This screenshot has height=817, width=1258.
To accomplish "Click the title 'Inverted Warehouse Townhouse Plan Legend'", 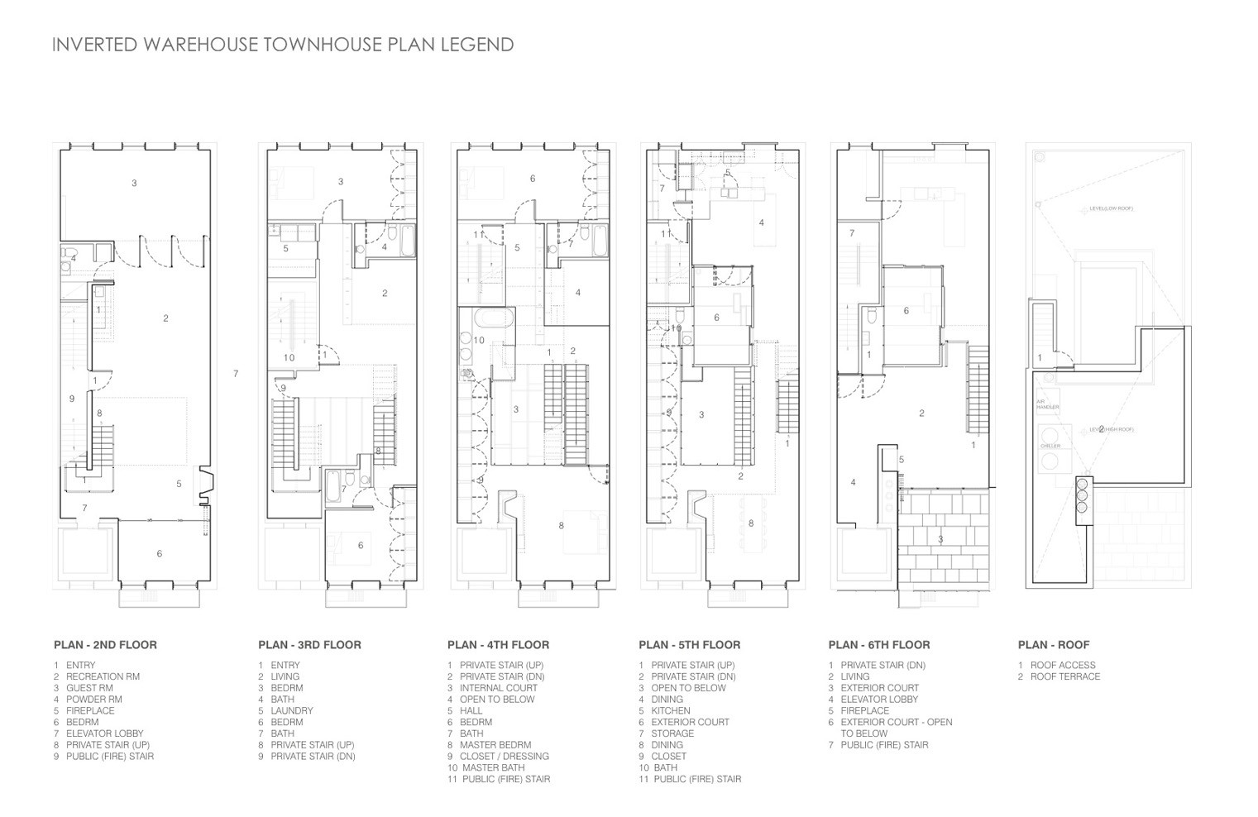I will (283, 45).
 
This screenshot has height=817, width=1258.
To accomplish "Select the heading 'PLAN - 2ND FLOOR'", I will (105, 645).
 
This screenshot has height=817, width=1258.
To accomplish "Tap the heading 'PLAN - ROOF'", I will (1054, 645).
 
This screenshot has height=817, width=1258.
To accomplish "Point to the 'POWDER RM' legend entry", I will (93, 700).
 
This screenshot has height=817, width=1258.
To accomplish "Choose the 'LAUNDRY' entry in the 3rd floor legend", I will (292, 710).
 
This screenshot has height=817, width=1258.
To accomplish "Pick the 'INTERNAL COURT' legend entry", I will (499, 688).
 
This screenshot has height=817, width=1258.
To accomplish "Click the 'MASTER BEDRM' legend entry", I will (495, 745).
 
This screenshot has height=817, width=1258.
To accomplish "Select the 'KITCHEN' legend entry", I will (670, 710).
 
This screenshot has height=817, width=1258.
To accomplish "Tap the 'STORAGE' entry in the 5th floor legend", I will (672, 733).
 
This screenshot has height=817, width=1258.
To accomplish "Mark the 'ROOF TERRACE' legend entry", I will (1065, 676).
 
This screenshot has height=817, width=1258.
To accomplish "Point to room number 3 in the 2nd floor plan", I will (134, 183).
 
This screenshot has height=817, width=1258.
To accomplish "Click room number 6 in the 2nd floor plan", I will (160, 553).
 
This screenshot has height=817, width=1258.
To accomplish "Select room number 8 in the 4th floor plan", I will (561, 525).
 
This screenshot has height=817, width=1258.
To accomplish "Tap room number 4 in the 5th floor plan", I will (761, 222).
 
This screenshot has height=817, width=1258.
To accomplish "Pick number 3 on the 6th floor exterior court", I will (940, 539).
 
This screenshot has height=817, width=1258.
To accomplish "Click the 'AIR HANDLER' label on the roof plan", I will (1042, 404).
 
